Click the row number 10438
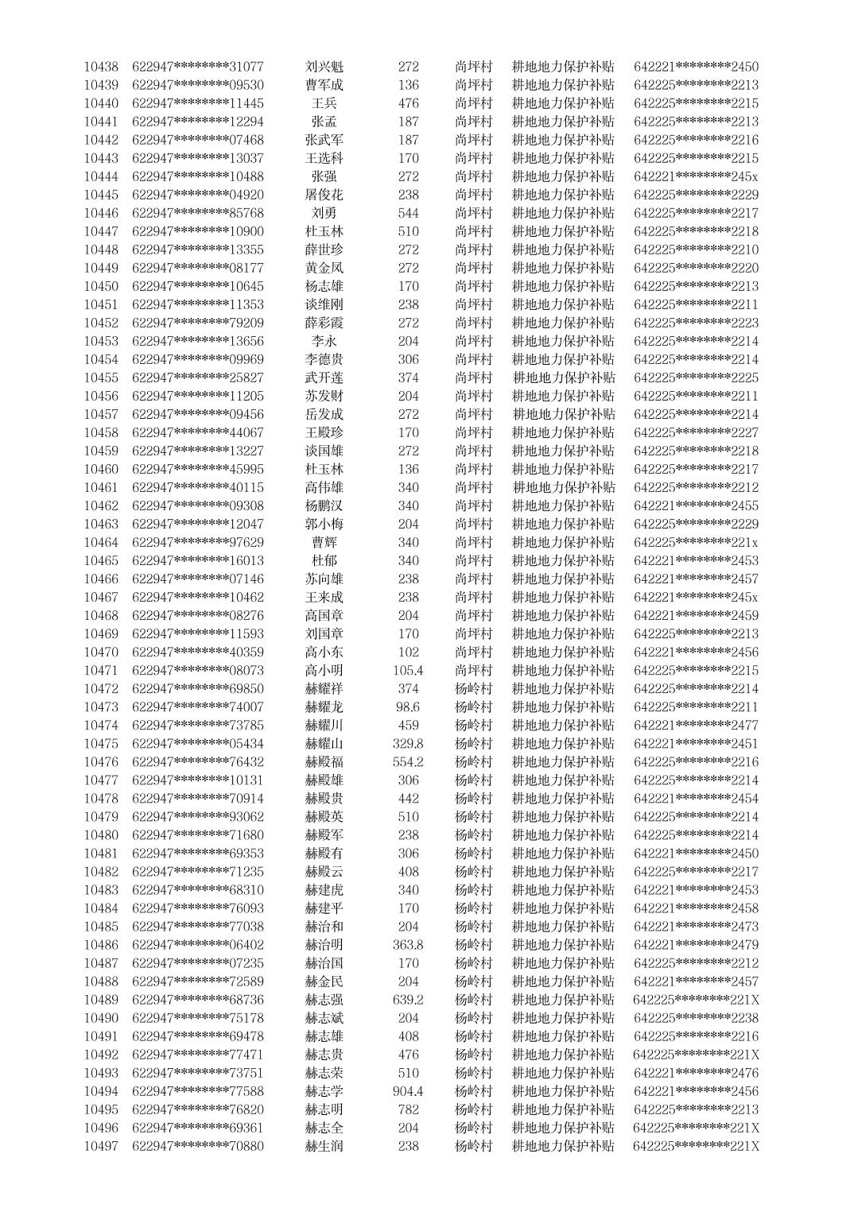101,67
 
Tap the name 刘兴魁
324,67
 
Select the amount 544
408,213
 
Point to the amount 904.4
408,1091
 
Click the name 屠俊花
324,195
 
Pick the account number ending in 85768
198,213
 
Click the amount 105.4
408,670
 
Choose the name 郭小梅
324,524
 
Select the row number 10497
101,1146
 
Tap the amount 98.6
408,707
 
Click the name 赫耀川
324,725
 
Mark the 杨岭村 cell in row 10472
474,688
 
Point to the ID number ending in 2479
697,945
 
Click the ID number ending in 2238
697,1018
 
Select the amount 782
408,1109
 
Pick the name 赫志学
324,1091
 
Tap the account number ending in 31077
198,67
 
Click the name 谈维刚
324,304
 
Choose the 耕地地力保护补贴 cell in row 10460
563,469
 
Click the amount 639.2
408,1000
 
